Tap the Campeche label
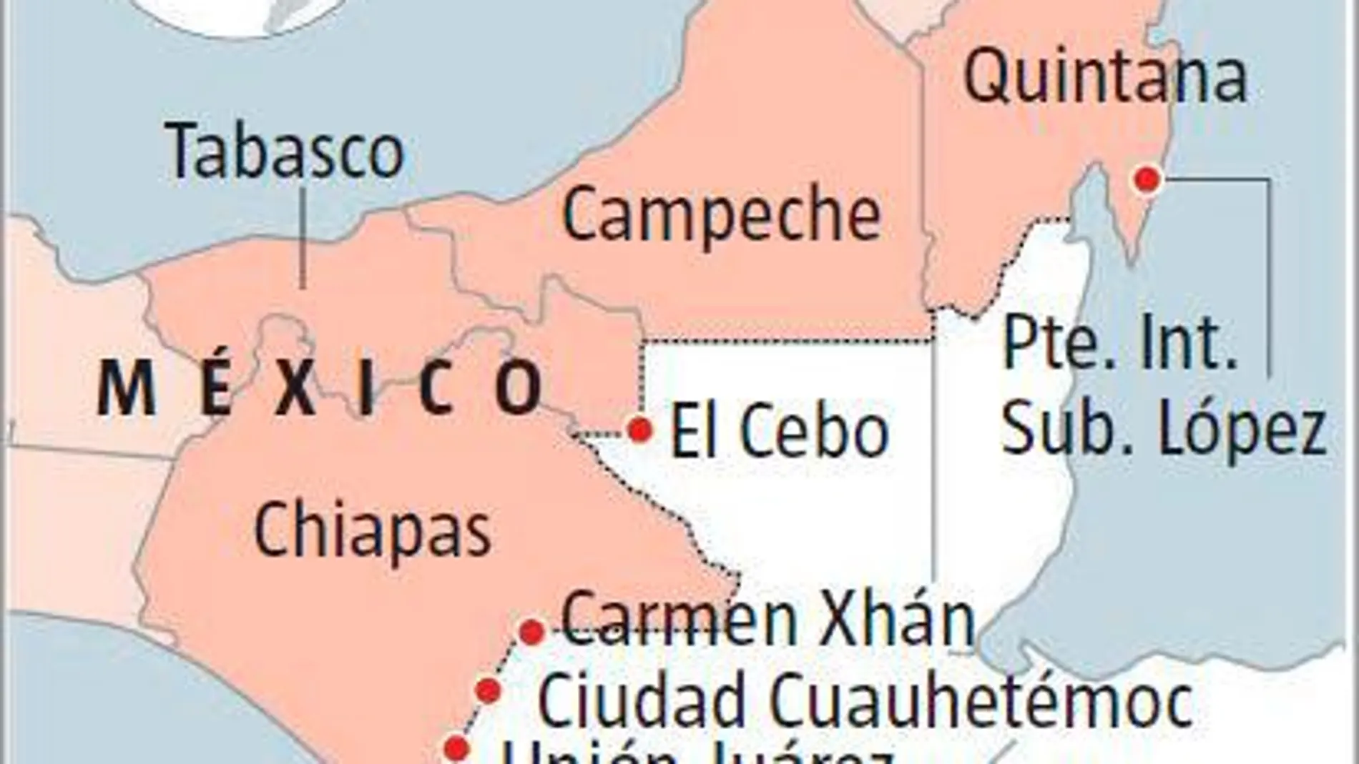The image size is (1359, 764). (x=721, y=214)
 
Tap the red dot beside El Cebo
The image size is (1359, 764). (x=639, y=430)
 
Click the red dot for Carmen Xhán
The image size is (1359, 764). (x=531, y=632)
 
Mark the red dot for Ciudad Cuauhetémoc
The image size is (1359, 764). (x=489, y=690)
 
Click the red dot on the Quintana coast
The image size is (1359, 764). (x=1148, y=179)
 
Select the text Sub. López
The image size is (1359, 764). (x=1164, y=429)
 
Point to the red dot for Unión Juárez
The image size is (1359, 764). (x=456, y=748)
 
